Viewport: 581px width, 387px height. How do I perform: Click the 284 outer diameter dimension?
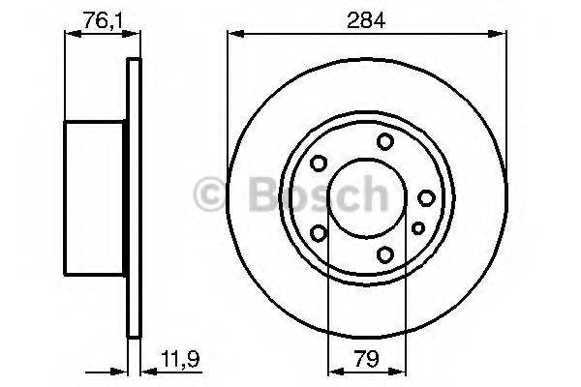point(367,19)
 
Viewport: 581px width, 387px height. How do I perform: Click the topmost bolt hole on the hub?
point(385,142)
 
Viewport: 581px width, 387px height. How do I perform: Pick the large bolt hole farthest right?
point(426,198)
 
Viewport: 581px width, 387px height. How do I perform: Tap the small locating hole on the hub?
point(417,228)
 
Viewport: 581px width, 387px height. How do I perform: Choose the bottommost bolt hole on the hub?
point(385,254)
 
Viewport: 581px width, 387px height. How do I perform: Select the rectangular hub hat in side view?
point(97,198)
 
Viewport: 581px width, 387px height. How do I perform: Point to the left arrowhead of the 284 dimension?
point(232,34)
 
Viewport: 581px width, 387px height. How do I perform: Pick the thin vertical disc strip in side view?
point(135,198)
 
